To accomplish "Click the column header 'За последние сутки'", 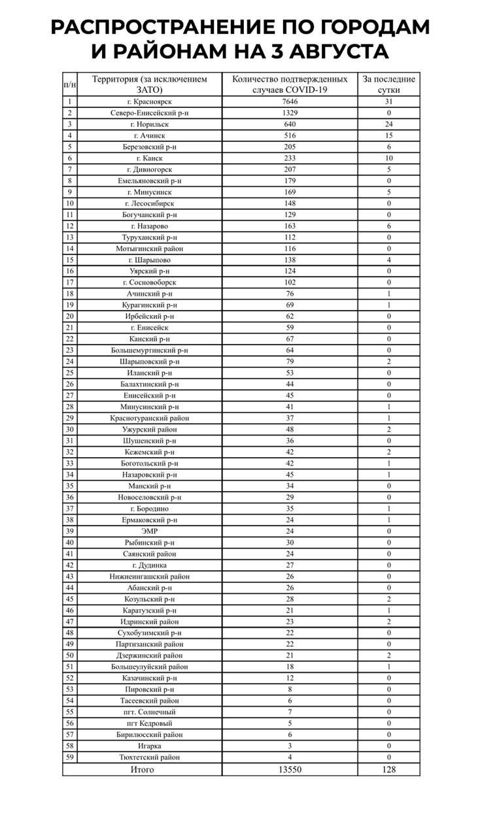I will tap(388, 84).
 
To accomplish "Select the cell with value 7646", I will tap(289, 101).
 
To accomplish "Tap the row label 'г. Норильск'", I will tap(149, 124).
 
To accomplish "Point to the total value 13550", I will tap(289, 770).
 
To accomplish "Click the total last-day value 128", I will tap(388, 770).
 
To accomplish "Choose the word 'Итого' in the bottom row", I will tap(142, 770).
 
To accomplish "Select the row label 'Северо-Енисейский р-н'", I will tap(149, 113).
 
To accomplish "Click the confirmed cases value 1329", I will tap(289, 113).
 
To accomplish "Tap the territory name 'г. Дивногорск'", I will tap(149, 169).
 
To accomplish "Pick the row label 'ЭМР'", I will tap(149, 531).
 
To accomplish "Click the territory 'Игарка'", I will tap(149, 746).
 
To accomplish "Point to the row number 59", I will tap(69, 757).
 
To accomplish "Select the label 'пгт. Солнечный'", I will tap(149, 712).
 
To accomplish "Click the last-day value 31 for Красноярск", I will tap(388, 101).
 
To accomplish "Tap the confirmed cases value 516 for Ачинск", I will tap(289, 135).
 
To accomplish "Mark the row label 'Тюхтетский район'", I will tap(149, 757).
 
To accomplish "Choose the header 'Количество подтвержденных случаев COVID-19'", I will tap(289, 84).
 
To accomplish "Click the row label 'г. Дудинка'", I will tap(149, 565).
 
